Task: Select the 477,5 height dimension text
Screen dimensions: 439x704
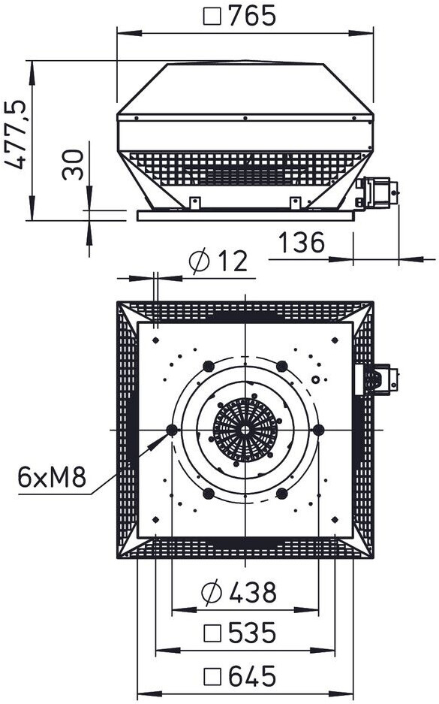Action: [x=16, y=134]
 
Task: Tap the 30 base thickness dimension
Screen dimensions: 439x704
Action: [x=73, y=165]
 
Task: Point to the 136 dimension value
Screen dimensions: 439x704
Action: [x=302, y=243]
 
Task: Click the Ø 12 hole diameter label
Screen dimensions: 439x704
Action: [x=218, y=261]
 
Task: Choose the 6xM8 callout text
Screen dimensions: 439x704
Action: [x=52, y=477]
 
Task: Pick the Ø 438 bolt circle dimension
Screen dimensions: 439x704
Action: [x=239, y=592]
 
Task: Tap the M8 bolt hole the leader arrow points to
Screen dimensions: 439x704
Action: [x=172, y=430]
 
